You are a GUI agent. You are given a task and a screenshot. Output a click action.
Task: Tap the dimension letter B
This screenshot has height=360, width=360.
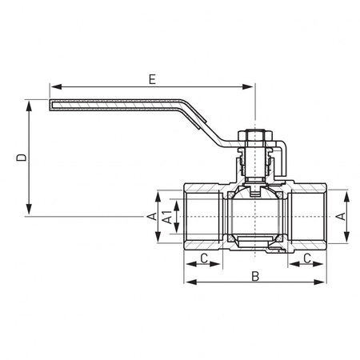pos(255,276)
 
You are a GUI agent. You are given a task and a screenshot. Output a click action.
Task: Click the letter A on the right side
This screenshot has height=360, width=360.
pos(342,217)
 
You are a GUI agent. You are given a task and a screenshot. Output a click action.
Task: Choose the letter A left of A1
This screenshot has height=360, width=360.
pos(150,217)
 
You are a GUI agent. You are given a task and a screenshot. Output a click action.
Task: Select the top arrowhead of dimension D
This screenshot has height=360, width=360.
pos(30,103)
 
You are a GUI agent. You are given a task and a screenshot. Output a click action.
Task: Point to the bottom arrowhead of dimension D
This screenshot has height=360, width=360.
pos(30,212)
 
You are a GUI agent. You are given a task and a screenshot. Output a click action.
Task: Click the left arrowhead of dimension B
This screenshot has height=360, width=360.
pos(188,282)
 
